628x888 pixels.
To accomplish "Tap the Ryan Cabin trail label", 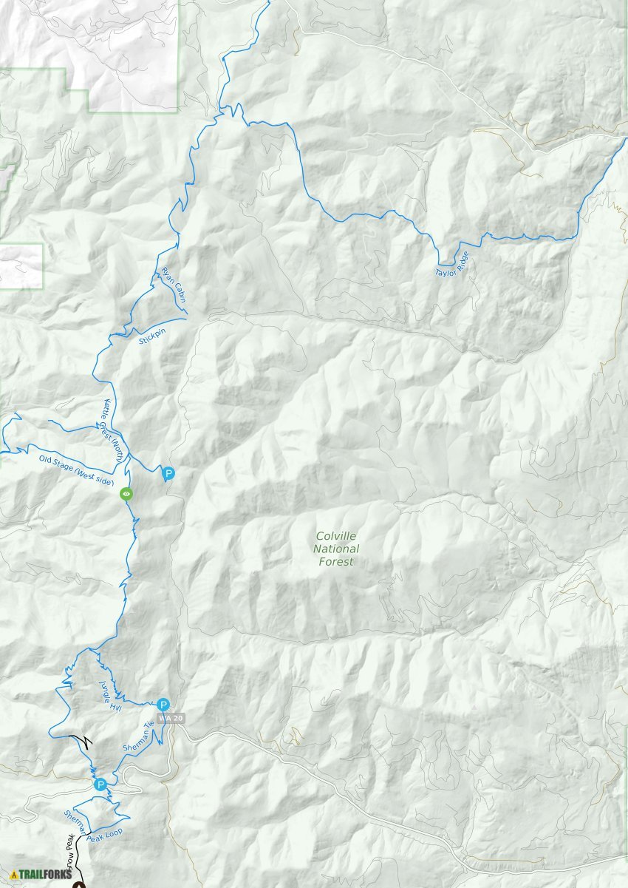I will [172, 285].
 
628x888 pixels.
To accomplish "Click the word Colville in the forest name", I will [337, 536].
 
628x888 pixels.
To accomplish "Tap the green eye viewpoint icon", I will [126, 494].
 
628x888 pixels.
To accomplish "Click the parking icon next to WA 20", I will [163, 704].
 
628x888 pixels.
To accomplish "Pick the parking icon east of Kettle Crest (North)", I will [168, 473].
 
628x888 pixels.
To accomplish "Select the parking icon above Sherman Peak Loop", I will [100, 784].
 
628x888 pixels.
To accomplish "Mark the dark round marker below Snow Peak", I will [79, 884].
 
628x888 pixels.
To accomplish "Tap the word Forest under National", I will [337, 562].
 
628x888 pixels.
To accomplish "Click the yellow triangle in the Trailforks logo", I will [14, 875].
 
